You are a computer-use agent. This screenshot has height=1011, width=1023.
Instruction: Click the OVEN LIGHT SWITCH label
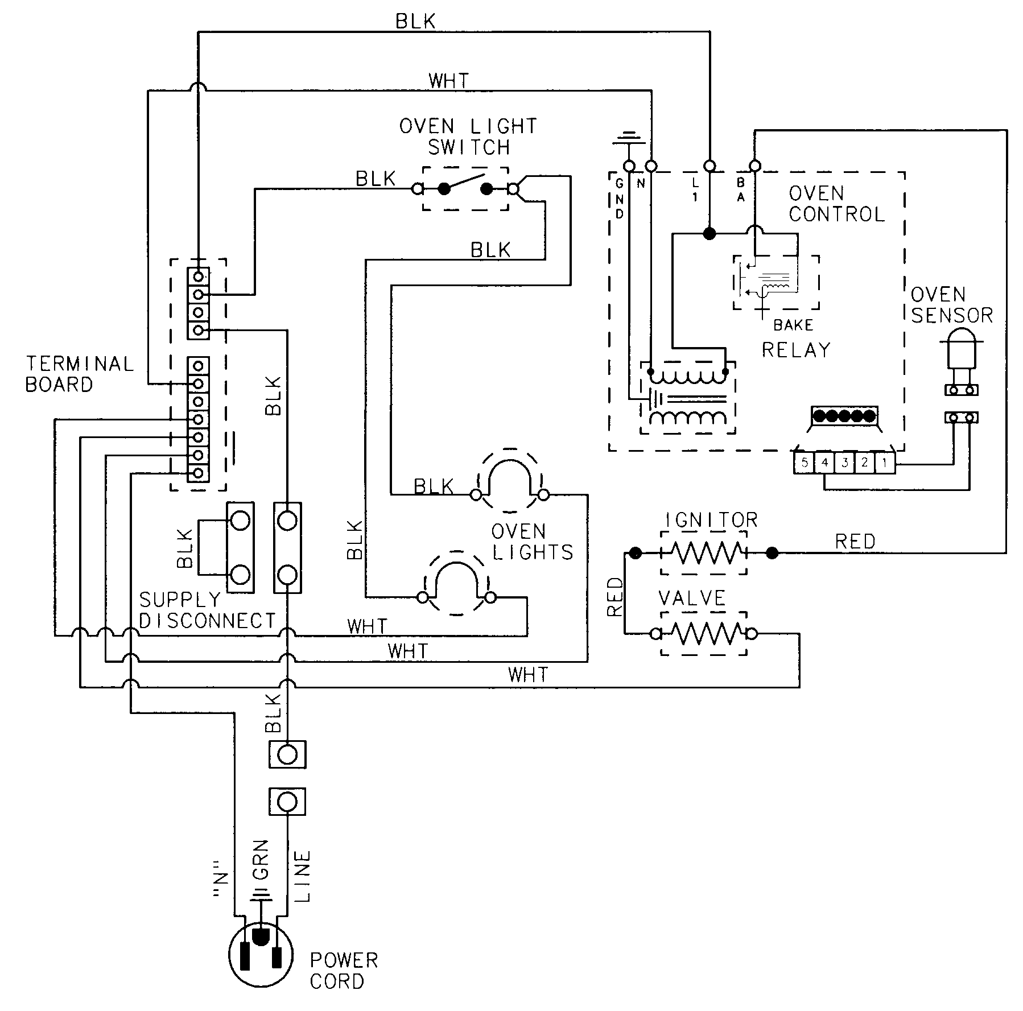pos(468,137)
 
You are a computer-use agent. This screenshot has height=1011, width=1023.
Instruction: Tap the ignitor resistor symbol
pos(703,552)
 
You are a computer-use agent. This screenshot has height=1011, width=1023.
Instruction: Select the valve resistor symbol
pos(703,633)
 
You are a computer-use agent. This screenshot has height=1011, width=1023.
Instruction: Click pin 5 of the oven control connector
pos(804,463)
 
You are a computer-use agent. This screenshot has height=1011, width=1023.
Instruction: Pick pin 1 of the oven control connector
pos(884,463)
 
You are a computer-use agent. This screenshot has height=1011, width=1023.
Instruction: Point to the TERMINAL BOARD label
pos(80,374)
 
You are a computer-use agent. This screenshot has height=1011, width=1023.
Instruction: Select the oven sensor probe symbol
pos(961,352)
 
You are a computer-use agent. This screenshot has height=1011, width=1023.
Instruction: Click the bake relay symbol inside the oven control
pos(775,283)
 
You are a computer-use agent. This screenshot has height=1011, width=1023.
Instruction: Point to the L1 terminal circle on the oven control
pos(709,166)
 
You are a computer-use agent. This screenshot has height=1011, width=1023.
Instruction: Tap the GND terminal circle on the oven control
pos(629,166)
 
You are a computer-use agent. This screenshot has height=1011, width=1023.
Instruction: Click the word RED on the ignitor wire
pos(855,541)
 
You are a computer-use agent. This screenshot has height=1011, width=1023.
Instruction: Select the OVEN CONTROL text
pos(836,204)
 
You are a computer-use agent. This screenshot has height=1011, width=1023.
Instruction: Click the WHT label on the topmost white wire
pos(449,81)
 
